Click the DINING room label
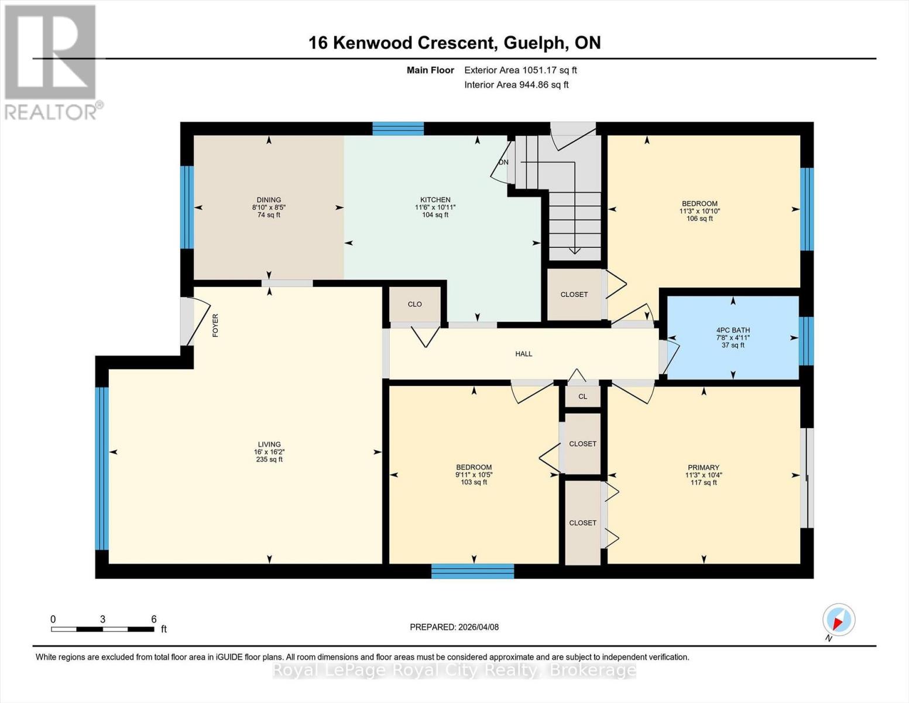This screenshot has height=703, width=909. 269,200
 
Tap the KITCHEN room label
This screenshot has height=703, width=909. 435,200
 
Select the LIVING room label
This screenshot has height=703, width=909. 269,445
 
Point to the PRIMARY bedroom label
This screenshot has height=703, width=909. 703,468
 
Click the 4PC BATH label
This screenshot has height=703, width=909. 733,330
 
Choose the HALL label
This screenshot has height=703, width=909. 523,354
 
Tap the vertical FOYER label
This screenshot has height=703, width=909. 215,325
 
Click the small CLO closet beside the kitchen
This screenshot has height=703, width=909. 414,304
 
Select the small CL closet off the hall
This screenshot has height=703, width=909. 582,397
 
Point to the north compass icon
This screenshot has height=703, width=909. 838,620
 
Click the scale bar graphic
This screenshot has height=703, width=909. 102,629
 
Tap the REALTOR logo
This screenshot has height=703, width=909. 51,62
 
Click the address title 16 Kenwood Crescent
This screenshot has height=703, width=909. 454,43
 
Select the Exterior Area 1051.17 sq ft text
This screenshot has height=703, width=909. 520,70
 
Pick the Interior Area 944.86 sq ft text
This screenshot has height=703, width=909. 516,84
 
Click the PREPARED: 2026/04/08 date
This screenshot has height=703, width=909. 454,627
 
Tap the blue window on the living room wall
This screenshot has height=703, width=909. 102,468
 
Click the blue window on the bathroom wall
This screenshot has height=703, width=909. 806,341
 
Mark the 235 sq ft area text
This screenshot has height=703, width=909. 269,459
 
